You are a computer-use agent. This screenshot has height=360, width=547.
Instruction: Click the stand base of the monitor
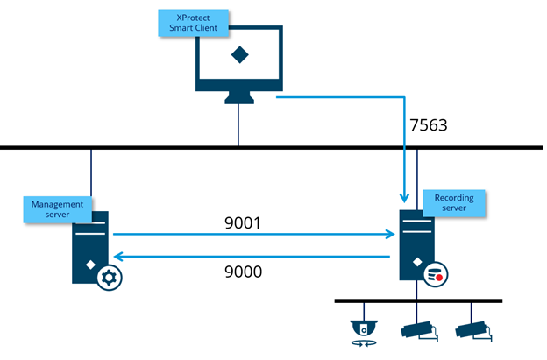tap(238, 99)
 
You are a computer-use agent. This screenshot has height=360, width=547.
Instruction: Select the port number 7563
tap(429, 124)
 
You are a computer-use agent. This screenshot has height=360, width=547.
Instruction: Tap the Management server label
tap(57, 209)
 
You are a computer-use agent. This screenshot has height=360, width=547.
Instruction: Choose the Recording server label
tap(453, 203)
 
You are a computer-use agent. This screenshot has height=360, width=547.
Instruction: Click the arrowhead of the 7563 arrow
tap(404, 198)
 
